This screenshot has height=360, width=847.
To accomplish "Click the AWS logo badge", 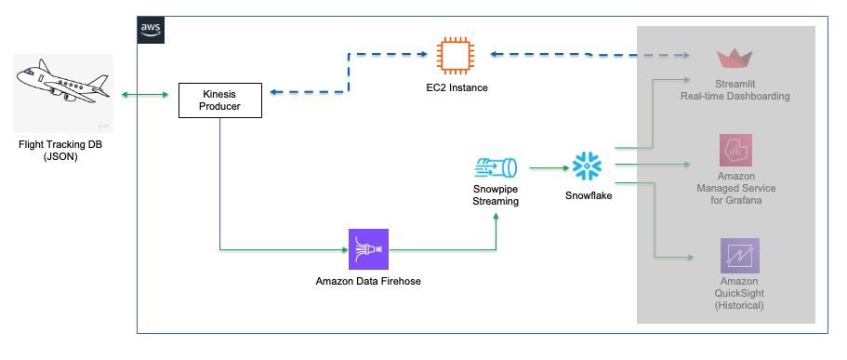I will pos(150,29).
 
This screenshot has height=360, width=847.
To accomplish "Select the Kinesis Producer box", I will pos(219,100).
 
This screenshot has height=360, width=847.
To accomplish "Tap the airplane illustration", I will pos(62,91).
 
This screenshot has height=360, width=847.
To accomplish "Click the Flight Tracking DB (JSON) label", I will pos(62,152).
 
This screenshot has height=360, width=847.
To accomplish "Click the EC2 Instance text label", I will pos(457,87).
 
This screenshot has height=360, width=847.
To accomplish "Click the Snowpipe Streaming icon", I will pos(495,168).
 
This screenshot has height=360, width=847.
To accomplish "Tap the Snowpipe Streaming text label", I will pos(496,194).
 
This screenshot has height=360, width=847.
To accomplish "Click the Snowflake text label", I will pos(589,196).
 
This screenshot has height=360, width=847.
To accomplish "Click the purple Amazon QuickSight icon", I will pos(739,255).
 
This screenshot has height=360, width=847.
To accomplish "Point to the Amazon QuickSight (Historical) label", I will pos(739,293).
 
